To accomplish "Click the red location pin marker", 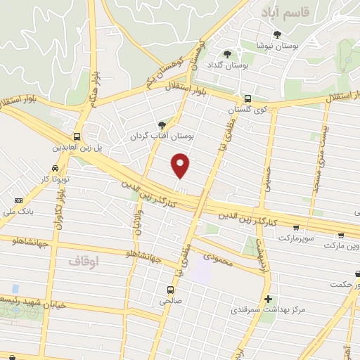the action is [x=181, y=165].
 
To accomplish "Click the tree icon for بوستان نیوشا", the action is [x=277, y=34].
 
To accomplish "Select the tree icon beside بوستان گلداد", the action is [x=226, y=53].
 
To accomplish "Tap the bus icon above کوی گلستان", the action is [x=247, y=99].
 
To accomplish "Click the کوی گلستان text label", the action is [x=247, y=110].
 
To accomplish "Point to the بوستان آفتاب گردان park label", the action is [x=162, y=135].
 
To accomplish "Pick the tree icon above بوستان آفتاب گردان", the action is [x=163, y=124].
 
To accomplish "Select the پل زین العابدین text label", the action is [x=75, y=148].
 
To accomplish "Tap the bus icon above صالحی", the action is [x=170, y=289].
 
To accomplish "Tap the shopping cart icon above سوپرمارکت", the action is [x=296, y=228].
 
